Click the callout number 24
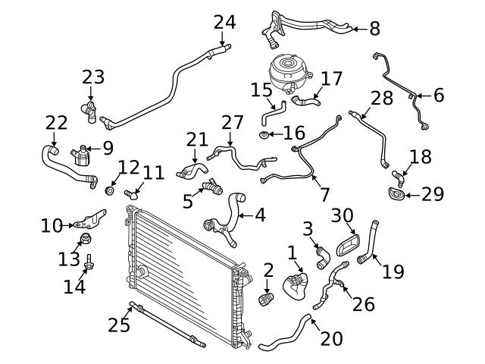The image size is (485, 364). (x=224, y=22)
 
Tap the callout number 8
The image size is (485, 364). (x=374, y=29)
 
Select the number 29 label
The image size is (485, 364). (x=433, y=195)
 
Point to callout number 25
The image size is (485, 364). (x=119, y=325)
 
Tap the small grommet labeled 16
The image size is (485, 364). (x=264, y=135)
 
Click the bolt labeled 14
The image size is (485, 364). (x=89, y=265)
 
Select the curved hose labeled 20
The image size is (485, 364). (x=284, y=337)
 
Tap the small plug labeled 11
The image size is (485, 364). (x=130, y=195)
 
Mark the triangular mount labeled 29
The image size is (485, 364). (x=396, y=195)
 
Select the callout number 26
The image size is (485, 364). (x=364, y=304)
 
